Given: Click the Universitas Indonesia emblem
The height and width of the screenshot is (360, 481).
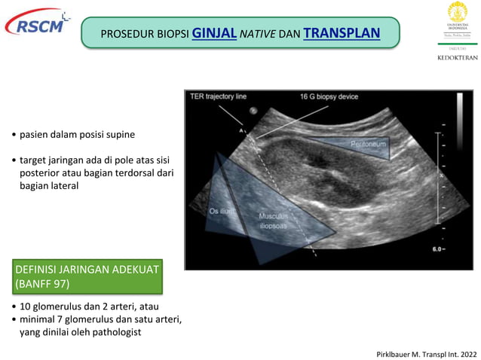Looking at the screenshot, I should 458,14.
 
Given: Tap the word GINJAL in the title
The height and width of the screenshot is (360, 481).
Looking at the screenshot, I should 215,33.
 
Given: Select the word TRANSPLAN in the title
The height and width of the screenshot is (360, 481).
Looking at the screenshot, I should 342,33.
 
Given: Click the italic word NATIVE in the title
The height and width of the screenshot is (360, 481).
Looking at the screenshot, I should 259,34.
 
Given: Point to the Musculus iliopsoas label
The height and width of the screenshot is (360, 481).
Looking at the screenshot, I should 272,219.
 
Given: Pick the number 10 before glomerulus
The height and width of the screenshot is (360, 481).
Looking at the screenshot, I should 26,307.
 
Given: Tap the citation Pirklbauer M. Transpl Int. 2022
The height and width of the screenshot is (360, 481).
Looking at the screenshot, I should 425,352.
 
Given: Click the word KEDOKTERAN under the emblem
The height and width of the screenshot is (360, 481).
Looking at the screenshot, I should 458,57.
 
